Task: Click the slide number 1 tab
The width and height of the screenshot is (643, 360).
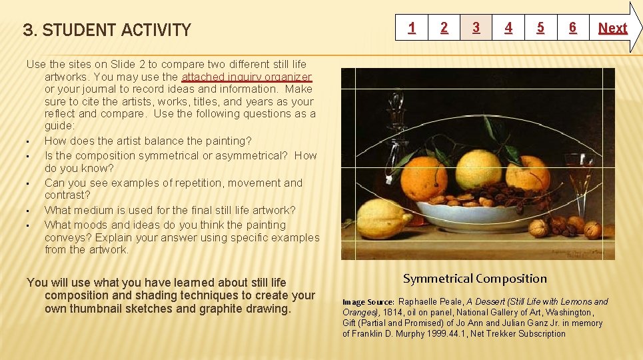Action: pyautogui.click(x=412, y=28)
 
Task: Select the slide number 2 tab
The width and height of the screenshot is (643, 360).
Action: pyautogui.click(x=444, y=28)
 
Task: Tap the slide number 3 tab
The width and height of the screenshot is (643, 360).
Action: pyautogui.click(x=476, y=28)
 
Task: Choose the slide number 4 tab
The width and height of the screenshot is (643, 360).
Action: pyautogui.click(x=508, y=28)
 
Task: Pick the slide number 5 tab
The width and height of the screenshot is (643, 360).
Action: pyautogui.click(x=540, y=28)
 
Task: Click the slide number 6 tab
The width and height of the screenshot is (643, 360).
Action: pyautogui.click(x=572, y=28)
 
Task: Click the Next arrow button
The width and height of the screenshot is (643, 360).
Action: pyautogui.click(x=613, y=28)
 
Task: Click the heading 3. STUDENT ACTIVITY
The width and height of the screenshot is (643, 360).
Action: pyautogui.click(x=107, y=30)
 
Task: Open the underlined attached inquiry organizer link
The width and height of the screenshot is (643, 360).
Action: pyautogui.click(x=246, y=77)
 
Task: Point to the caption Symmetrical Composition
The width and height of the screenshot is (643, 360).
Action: pyautogui.click(x=474, y=279)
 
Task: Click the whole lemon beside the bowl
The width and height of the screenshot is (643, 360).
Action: pyautogui.click(x=382, y=218)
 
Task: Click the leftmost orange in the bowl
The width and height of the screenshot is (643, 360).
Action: pyautogui.click(x=424, y=177)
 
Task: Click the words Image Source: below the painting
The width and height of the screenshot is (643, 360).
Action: pyautogui.click(x=368, y=302)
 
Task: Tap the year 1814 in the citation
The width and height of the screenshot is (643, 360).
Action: pyautogui.click(x=392, y=312)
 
